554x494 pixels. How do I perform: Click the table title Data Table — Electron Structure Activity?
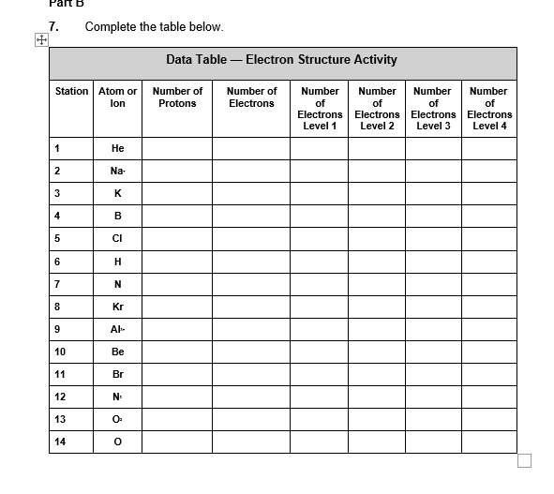tap(281, 60)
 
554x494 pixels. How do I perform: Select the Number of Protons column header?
tap(177, 97)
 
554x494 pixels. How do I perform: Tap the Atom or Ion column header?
tap(117, 97)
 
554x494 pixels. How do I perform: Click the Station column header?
tap(71, 92)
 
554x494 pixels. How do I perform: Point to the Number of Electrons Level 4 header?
tap(488, 109)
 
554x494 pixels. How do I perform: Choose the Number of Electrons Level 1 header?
tap(320, 109)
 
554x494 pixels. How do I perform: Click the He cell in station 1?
tap(117, 148)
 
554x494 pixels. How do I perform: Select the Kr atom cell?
tap(117, 307)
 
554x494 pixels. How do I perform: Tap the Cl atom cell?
tap(117, 238)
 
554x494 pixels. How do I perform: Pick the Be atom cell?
tap(117, 352)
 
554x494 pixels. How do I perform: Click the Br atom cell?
tap(117, 374)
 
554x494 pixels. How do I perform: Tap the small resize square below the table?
tap(524, 460)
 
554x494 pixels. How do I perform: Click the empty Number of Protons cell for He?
tap(177, 148)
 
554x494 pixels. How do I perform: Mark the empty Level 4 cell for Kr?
tap(488, 307)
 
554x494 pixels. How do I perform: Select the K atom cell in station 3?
tap(117, 193)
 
